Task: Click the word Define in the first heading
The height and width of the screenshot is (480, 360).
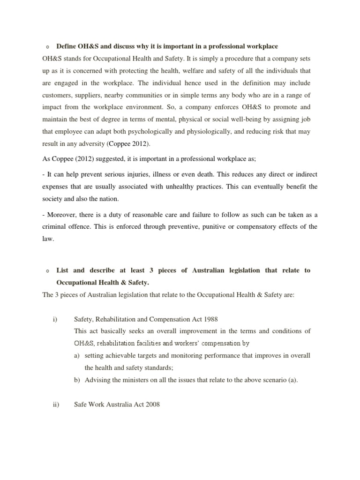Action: coord(67,46)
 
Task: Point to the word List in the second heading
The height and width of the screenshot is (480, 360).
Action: coord(63,270)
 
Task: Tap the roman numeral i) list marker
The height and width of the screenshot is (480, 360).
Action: coord(55,319)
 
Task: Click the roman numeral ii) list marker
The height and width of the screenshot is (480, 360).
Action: coord(55,404)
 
